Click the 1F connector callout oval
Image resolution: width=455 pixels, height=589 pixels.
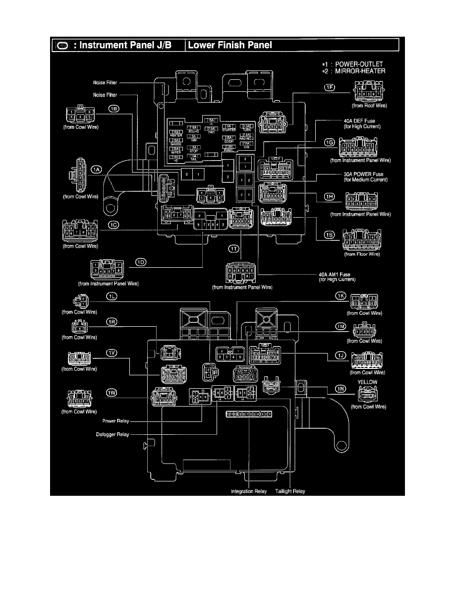[330, 88]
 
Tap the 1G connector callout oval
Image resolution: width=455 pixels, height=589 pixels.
[330, 142]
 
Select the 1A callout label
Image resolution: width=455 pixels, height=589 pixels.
[96, 170]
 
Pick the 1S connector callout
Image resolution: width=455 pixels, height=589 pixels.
[329, 235]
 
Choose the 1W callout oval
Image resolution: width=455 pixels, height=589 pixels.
[112, 393]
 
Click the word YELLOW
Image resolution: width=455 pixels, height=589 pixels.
[367, 382]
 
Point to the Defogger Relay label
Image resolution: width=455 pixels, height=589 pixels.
[113, 435]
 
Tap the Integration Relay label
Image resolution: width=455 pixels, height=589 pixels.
[249, 491]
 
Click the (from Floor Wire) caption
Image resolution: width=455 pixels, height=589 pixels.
[362, 254]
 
